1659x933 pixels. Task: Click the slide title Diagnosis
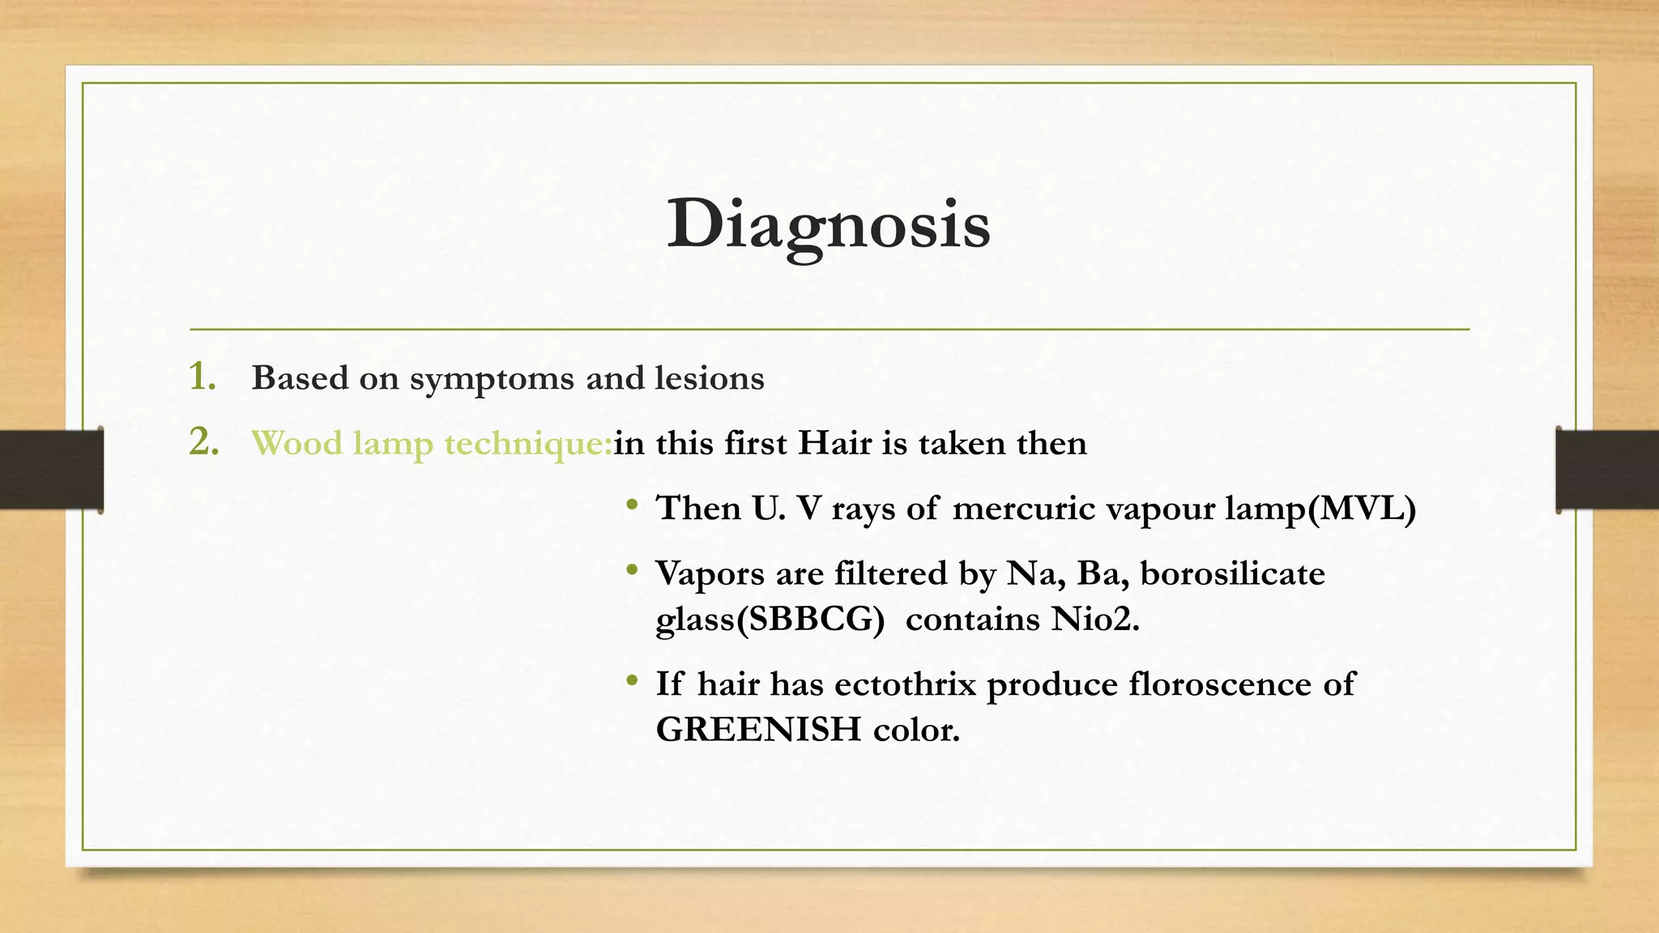[x=828, y=224]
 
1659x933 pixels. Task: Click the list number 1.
[x=203, y=377]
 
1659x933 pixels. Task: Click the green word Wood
[x=296, y=443]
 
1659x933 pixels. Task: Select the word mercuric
[x=1024, y=509]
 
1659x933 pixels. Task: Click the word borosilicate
[x=1232, y=573]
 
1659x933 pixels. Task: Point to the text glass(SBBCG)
[x=770, y=620]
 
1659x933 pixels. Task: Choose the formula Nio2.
[x=1095, y=620]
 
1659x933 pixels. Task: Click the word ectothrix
[x=905, y=684]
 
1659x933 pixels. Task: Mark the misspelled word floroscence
[x=1219, y=684]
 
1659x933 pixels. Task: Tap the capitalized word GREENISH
[x=758, y=730]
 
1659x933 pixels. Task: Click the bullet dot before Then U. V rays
[x=632, y=506]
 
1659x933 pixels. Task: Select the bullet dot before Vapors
[x=632, y=571]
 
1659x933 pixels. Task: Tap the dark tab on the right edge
[x=1607, y=470]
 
